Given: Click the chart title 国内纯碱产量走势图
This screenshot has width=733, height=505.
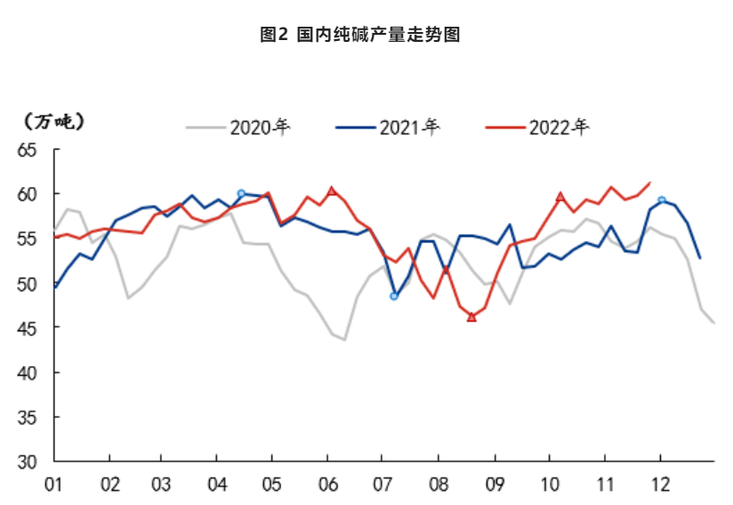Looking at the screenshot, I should click(359, 35).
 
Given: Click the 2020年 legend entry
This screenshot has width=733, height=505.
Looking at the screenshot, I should click(238, 126).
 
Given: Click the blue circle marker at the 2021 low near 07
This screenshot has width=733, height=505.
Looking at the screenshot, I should click(394, 296).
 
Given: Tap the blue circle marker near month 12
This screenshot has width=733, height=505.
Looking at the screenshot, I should click(662, 200).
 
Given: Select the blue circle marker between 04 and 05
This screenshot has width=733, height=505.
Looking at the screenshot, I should click(241, 193).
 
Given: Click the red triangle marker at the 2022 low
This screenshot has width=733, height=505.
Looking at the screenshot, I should click(471, 317).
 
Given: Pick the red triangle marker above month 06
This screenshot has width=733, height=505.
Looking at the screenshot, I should click(332, 190).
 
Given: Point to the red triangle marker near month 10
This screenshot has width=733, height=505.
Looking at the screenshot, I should click(560, 196).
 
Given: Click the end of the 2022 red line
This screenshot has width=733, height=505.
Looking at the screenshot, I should click(650, 183).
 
